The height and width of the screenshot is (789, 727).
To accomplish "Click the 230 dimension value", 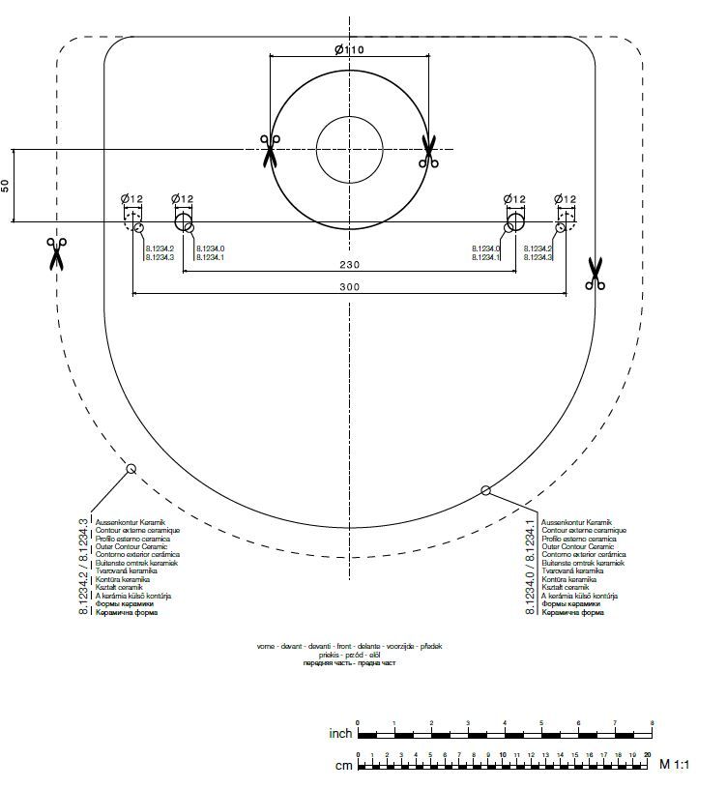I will pyautogui.click(x=349, y=263).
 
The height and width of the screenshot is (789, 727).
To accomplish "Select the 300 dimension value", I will pyautogui.click(x=349, y=287).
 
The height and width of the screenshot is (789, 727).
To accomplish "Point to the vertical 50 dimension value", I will pyautogui.click(x=6, y=186).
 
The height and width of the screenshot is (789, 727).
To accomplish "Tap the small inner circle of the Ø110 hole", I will pyautogui.click(x=349, y=150).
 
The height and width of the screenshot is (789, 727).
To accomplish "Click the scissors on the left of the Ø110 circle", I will pyautogui.click(x=270, y=151).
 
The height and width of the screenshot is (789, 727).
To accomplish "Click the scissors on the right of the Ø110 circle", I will pyautogui.click(x=429, y=151).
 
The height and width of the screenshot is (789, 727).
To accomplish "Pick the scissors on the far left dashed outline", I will pyautogui.click(x=56, y=253).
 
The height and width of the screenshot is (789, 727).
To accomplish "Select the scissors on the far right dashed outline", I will pyautogui.click(x=595, y=274).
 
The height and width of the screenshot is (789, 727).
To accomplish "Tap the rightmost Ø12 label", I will pyautogui.click(x=566, y=198).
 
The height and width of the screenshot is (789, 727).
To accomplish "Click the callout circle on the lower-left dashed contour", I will pyautogui.click(x=131, y=469).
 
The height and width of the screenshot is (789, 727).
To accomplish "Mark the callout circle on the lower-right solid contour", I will pyautogui.click(x=486, y=491).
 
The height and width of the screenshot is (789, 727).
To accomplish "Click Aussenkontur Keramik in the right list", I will pyautogui.click(x=575, y=522).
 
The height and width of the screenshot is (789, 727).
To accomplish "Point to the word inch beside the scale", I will pyautogui.click(x=339, y=734).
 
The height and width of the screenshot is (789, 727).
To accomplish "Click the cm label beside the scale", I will pyautogui.click(x=343, y=765).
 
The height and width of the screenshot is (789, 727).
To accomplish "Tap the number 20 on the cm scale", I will pyautogui.click(x=648, y=754).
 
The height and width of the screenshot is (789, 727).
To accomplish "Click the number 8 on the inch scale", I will pyautogui.click(x=653, y=723).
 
